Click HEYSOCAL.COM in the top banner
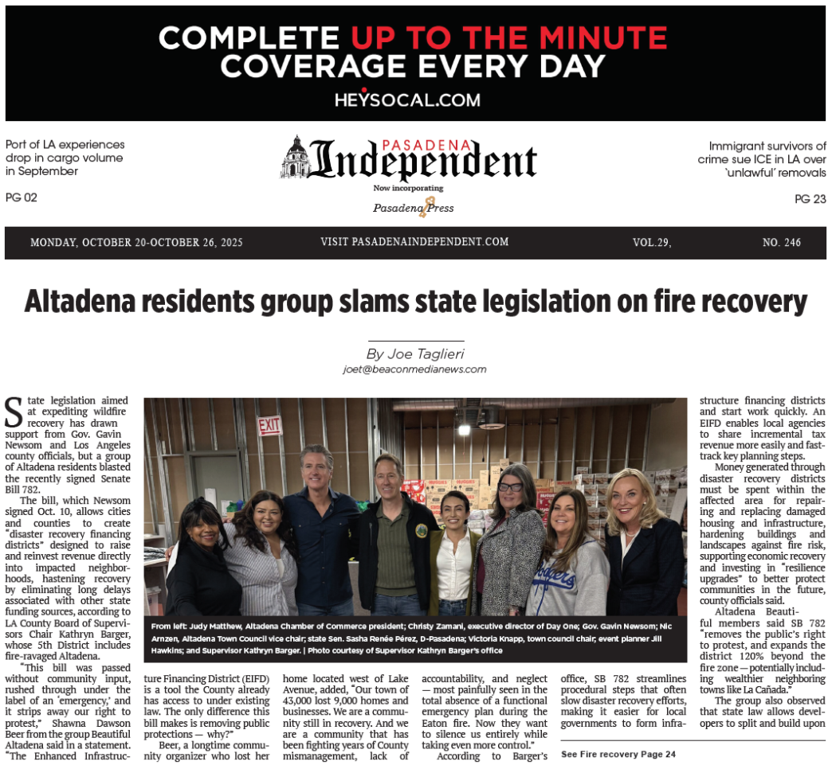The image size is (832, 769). click(x=407, y=100)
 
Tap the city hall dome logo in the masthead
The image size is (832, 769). click(x=295, y=157)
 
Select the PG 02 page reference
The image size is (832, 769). click(x=22, y=197)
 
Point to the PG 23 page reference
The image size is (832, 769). click(x=810, y=199)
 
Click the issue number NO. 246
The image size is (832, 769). click(x=781, y=243)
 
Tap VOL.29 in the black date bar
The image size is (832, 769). click(x=651, y=243)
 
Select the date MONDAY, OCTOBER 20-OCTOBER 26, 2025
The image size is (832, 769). click(x=136, y=243)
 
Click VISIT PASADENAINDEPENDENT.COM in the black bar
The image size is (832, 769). click(x=414, y=242)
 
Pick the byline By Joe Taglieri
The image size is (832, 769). click(x=414, y=353)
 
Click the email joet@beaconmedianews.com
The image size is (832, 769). click(x=414, y=369)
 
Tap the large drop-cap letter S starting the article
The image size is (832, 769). click(x=14, y=412)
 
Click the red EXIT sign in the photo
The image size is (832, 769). click(x=269, y=426)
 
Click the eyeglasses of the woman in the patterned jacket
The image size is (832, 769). click(x=512, y=486)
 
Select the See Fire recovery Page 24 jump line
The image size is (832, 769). click(x=618, y=753)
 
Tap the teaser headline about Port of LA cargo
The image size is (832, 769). click(x=65, y=158)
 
